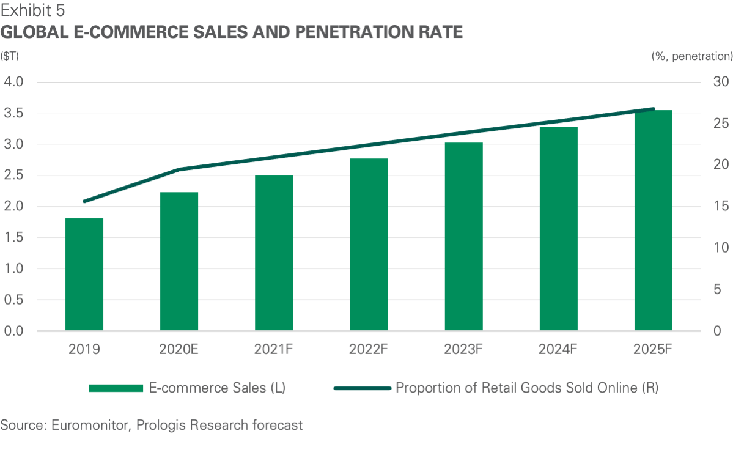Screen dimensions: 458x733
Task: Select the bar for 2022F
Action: pyautogui.click(x=369, y=245)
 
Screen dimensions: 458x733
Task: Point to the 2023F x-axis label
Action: pyautogui.click(x=464, y=350)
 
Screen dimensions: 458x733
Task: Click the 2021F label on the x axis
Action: pyautogui.click(x=274, y=350)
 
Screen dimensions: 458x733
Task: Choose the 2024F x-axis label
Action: pyautogui.click(x=559, y=350)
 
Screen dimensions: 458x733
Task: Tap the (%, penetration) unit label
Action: pyautogui.click(x=691, y=56)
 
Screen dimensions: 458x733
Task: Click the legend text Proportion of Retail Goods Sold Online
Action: pyautogui.click(x=527, y=388)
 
